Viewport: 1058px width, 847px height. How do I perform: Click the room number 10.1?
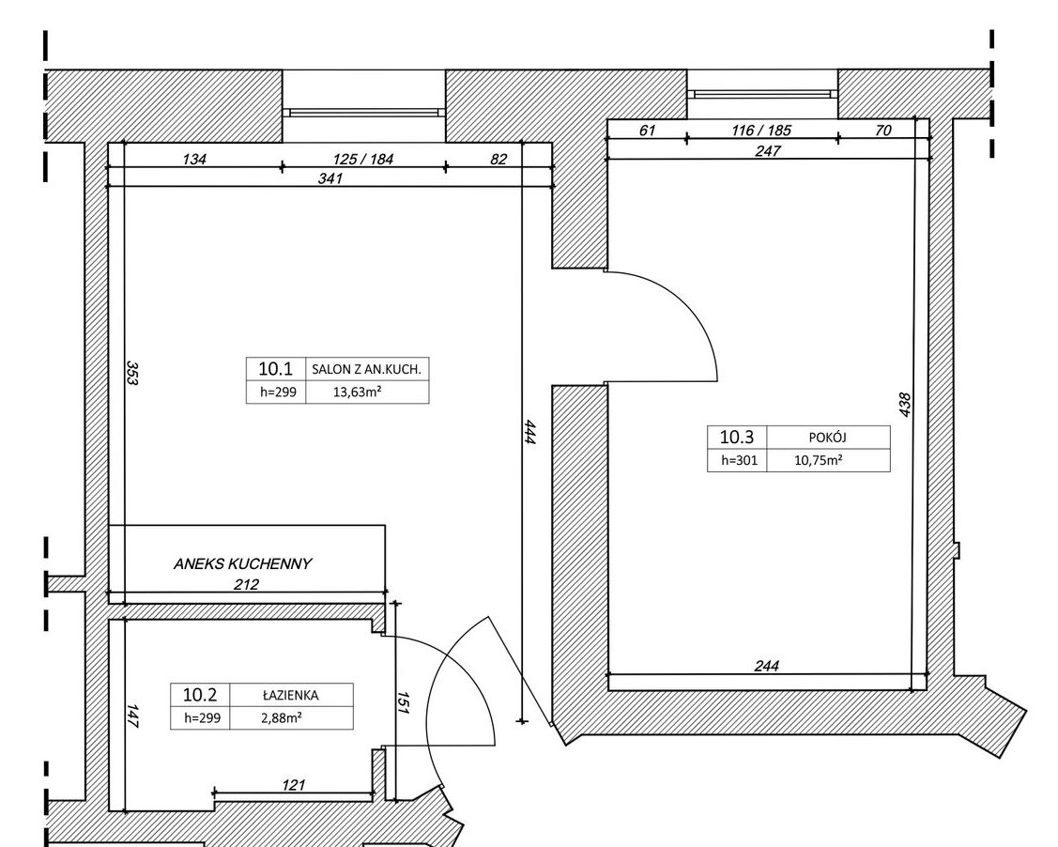[275, 368]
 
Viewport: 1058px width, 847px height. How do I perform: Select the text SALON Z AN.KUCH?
[366, 369]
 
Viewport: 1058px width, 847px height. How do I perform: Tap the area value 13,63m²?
[358, 392]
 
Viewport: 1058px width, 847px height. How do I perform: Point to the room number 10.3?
[736, 437]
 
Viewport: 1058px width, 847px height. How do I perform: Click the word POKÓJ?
[827, 438]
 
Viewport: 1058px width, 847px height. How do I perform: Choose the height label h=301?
[740, 460]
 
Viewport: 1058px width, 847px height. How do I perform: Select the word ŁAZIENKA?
[290, 695]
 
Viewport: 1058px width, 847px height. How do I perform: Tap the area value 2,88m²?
[282, 718]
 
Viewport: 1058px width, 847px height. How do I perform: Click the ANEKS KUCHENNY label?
[242, 563]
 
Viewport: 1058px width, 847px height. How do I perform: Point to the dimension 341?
[330, 178]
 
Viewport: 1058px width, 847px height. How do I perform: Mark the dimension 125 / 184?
[363, 160]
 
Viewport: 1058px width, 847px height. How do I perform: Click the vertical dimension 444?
[529, 432]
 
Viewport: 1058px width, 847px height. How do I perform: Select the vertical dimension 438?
[905, 405]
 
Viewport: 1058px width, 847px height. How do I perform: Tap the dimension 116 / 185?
[761, 130]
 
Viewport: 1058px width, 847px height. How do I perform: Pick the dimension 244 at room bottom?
[766, 666]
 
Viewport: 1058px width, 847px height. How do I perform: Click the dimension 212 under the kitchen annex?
[246, 584]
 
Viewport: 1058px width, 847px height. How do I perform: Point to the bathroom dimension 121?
[294, 785]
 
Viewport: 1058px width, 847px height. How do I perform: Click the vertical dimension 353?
[132, 373]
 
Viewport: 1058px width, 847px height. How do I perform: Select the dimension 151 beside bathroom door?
[403, 703]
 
